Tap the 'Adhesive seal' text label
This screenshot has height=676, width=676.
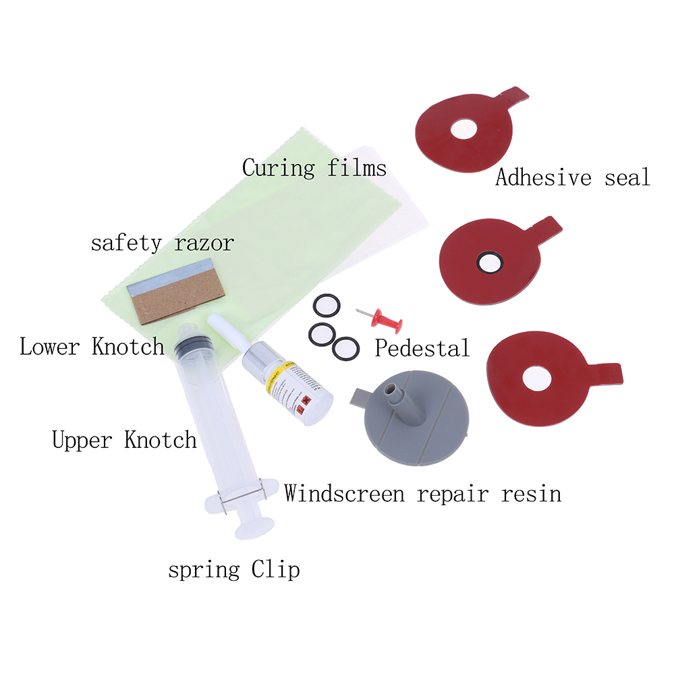pos(572,177)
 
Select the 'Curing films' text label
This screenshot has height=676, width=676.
pos(314,167)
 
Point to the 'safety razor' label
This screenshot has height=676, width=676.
pos(162,242)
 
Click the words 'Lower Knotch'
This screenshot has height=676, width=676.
pos(92,347)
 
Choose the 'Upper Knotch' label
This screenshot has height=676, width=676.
pos(124,440)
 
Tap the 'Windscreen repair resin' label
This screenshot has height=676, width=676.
pos(422,493)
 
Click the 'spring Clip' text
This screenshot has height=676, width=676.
pos(233,570)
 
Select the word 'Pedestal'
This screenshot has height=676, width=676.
pos(422,348)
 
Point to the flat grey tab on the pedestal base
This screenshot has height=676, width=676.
pos(360,399)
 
